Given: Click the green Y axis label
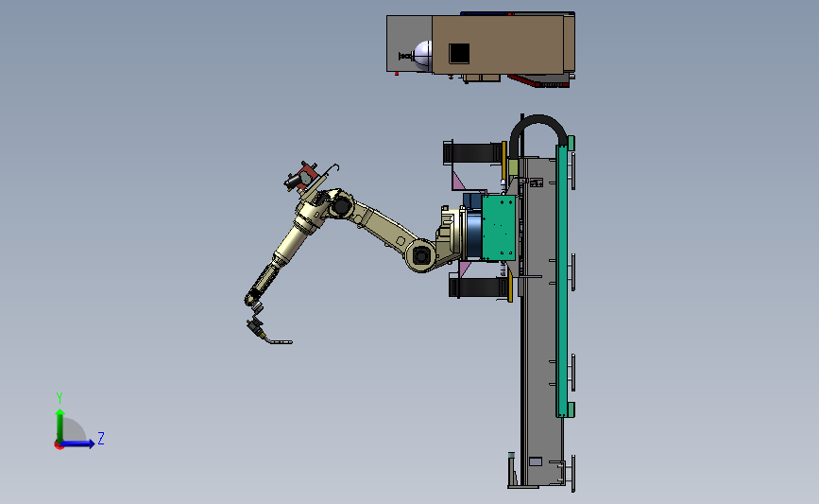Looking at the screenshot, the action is click(x=60, y=398).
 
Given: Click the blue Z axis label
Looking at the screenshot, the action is click(x=101, y=438).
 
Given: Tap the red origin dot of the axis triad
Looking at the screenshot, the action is click(x=59, y=445).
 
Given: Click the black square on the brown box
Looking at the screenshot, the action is click(x=459, y=53).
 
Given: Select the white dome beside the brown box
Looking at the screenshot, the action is click(x=422, y=55).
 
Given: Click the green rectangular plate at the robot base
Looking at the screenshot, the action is click(x=499, y=228).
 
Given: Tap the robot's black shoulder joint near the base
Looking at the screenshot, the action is click(x=421, y=256).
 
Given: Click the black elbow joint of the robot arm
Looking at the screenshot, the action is click(x=341, y=206).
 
